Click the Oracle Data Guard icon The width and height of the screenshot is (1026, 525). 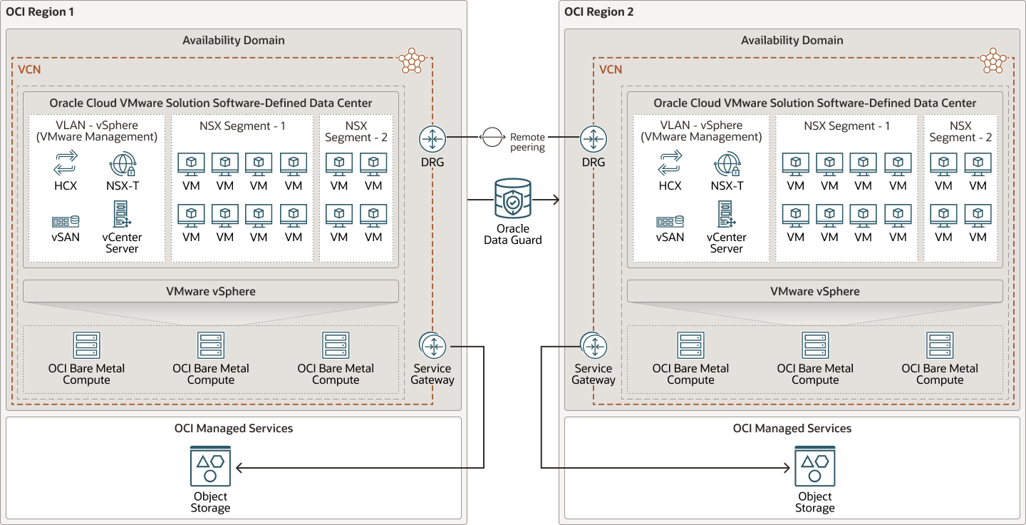point(512,199)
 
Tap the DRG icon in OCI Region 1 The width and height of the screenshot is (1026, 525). point(432,138)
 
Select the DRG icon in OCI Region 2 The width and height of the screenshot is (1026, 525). point(593,138)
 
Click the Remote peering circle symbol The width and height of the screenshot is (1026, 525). point(492,137)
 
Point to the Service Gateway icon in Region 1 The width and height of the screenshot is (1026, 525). point(432,346)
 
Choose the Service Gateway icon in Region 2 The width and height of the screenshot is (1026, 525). point(593,346)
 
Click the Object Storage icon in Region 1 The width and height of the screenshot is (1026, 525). point(210,467)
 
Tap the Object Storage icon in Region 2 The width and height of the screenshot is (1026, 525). point(814,467)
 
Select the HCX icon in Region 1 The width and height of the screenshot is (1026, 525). point(66,163)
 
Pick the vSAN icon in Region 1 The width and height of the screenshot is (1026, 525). point(66,221)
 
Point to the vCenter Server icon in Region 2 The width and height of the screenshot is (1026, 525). point(727,214)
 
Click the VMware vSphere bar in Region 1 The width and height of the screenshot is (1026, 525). point(211,291)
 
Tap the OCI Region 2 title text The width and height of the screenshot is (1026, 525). point(598,11)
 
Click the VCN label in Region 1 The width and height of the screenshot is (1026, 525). point(29,69)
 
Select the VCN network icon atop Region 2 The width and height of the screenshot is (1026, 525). point(993,61)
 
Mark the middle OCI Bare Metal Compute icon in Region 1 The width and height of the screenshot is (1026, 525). point(211,345)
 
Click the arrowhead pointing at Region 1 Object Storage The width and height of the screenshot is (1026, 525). point(239,468)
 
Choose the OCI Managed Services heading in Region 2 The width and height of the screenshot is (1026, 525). point(792,428)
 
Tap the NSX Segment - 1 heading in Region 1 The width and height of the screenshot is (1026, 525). point(242,126)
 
